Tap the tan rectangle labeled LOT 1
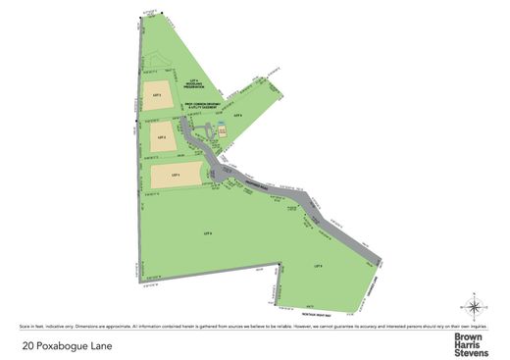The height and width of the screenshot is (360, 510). click(x=175, y=175)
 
